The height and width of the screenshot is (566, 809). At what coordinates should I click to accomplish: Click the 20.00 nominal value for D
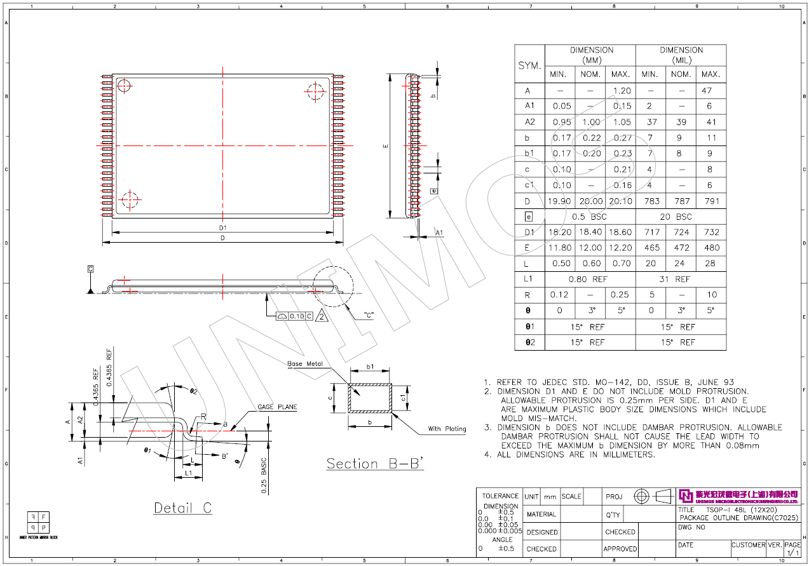(x=590, y=201)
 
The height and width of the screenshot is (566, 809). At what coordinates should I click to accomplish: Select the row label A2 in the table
(x=529, y=123)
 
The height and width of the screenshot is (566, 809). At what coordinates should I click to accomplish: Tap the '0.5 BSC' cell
(x=590, y=217)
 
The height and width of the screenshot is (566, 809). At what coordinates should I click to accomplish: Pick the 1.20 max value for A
(x=621, y=91)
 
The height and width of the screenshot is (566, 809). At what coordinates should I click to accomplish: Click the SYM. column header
(x=529, y=65)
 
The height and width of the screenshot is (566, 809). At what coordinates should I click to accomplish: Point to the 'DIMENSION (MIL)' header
(x=681, y=55)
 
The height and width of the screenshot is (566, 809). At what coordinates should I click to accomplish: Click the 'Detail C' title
(x=183, y=508)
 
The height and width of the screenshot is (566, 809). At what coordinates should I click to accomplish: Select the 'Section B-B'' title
(x=375, y=464)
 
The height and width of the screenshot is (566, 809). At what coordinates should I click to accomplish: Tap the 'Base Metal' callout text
(x=305, y=364)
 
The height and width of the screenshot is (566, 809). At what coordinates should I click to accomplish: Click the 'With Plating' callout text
(x=447, y=429)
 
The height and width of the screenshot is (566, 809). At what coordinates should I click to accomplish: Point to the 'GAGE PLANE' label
(x=277, y=407)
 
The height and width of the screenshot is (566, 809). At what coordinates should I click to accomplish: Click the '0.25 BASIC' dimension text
(x=264, y=476)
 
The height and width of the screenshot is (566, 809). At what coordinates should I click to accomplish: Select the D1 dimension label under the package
(x=222, y=227)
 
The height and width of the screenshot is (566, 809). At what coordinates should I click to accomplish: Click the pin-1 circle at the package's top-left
(x=124, y=86)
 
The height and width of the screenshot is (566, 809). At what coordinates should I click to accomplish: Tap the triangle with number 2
(x=322, y=316)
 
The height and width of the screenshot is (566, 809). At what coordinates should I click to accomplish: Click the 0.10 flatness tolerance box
(x=297, y=316)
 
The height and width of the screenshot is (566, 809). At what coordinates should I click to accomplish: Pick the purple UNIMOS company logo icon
(x=685, y=495)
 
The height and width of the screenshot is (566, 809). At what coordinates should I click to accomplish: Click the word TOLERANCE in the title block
(x=500, y=496)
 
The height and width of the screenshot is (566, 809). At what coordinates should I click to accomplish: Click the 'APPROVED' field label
(x=620, y=549)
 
